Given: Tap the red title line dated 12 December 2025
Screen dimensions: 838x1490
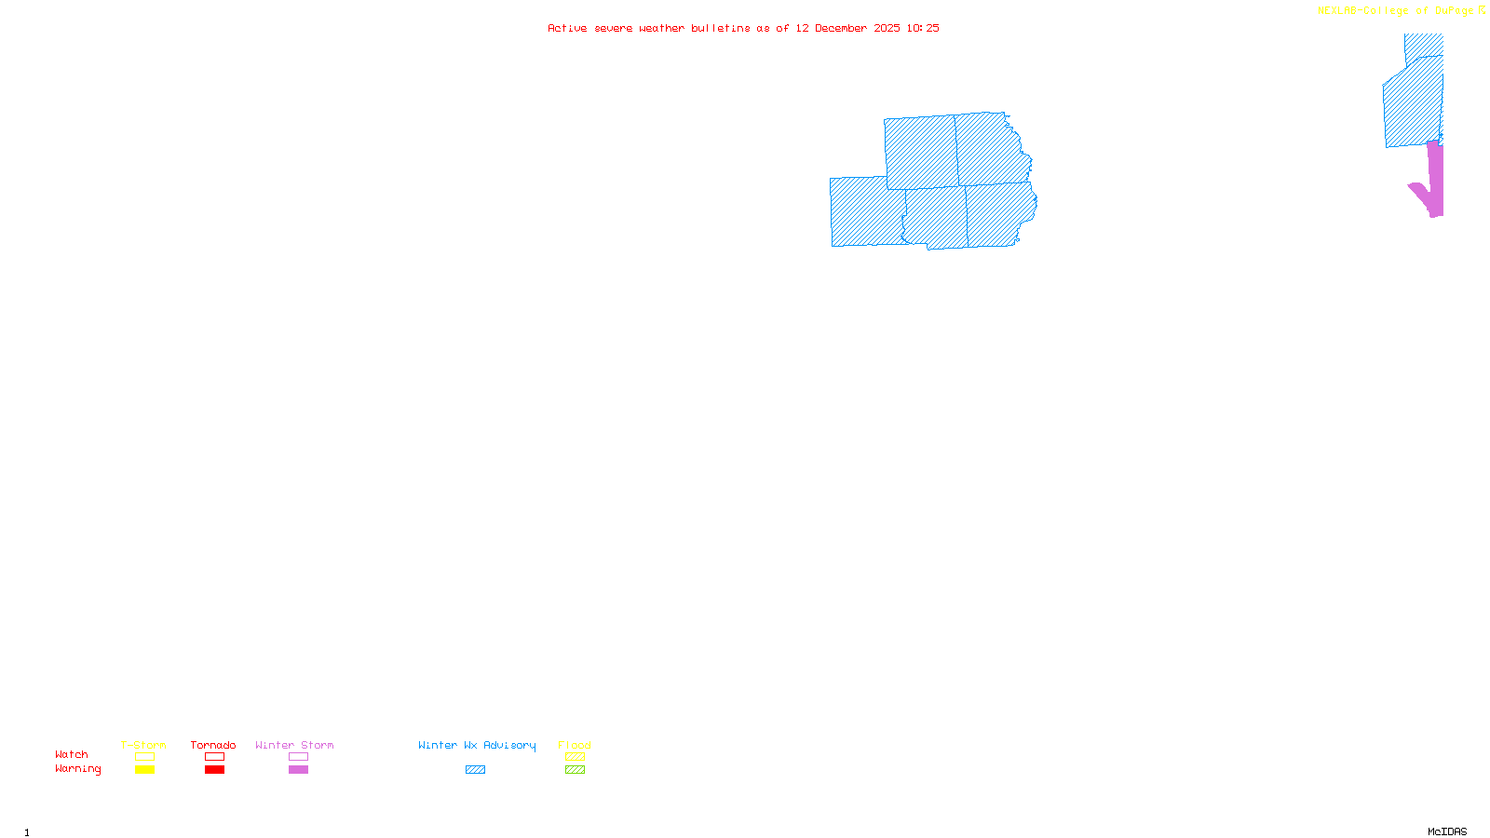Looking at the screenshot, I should pos(743,28).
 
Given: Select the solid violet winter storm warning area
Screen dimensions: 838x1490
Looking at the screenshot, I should pos(1435,182).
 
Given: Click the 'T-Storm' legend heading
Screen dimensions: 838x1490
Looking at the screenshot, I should pos(143,745).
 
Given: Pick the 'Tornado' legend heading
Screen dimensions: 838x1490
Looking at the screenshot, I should pos(213,745).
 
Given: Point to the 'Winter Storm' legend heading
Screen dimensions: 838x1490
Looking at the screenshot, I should pos(294,745).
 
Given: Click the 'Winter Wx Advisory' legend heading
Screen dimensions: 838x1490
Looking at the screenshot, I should pos(477,745).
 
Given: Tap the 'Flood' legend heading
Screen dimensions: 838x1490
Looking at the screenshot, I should pos(575,745).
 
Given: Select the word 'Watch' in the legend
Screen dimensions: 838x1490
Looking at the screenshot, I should pos(72,754).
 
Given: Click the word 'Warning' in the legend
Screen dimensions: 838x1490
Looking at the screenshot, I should pos(77,769).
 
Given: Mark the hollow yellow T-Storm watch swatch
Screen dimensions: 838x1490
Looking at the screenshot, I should pos(144,757).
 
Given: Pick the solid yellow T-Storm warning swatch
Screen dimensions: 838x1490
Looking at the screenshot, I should pos(144,770).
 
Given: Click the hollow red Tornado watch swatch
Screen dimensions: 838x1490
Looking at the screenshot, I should pos(214,757).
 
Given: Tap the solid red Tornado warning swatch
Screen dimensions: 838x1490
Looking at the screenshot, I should pos(214,770).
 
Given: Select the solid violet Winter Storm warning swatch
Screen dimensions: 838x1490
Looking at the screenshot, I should pos(298,770).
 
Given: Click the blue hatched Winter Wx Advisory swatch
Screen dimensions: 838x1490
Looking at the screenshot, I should pos(475,770).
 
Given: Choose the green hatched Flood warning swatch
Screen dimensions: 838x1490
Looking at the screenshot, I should pos(575,770).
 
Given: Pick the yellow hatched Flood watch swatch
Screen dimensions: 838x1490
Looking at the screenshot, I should pos(575,757).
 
